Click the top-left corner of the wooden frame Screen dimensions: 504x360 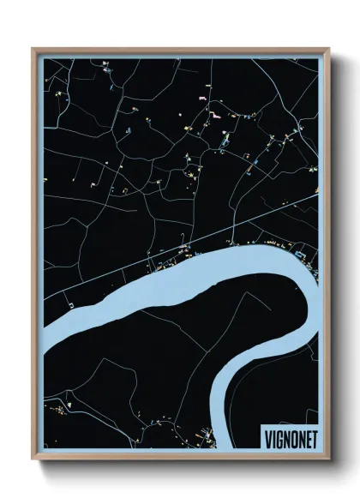click(x=33, y=49)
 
